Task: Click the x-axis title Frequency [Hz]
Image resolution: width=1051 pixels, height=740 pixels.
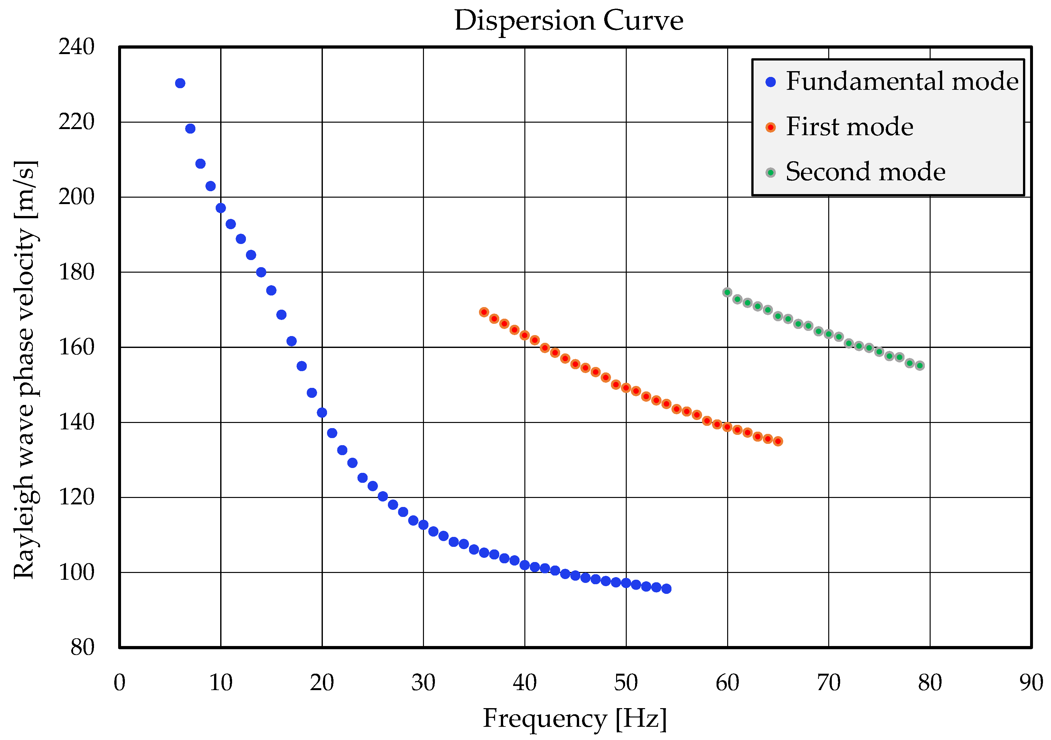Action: point(575,718)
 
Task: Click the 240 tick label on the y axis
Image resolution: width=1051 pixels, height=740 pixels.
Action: point(76,47)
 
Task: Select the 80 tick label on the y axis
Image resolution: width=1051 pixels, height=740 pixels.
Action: point(82,648)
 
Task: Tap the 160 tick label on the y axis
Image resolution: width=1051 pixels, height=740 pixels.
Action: point(76,347)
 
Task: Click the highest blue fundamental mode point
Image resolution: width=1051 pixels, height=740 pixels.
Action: point(180,83)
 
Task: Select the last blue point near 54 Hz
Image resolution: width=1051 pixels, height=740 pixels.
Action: point(666,589)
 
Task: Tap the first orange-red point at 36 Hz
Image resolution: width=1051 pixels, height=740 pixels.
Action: point(484,312)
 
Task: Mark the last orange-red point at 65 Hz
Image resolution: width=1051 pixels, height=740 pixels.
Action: point(778,441)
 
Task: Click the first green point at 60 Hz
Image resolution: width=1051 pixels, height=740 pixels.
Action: point(727,293)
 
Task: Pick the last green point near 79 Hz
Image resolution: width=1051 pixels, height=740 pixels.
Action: point(920,366)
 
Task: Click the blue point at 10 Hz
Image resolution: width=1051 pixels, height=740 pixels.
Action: point(221,208)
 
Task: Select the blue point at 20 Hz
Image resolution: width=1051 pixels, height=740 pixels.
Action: point(322,413)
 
